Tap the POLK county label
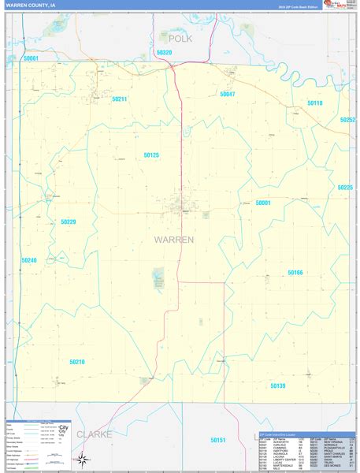180,38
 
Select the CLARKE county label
94,434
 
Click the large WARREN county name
173,239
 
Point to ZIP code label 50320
164,52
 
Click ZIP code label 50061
31,58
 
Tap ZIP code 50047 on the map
228,95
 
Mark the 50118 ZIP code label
314,103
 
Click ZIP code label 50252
347,120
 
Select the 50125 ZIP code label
151,155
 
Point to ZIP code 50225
345,188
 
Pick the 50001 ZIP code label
262,203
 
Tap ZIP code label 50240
29,260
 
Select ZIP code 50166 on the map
295,272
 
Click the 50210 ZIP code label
76,362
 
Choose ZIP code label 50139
277,385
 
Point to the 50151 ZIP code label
218,440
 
